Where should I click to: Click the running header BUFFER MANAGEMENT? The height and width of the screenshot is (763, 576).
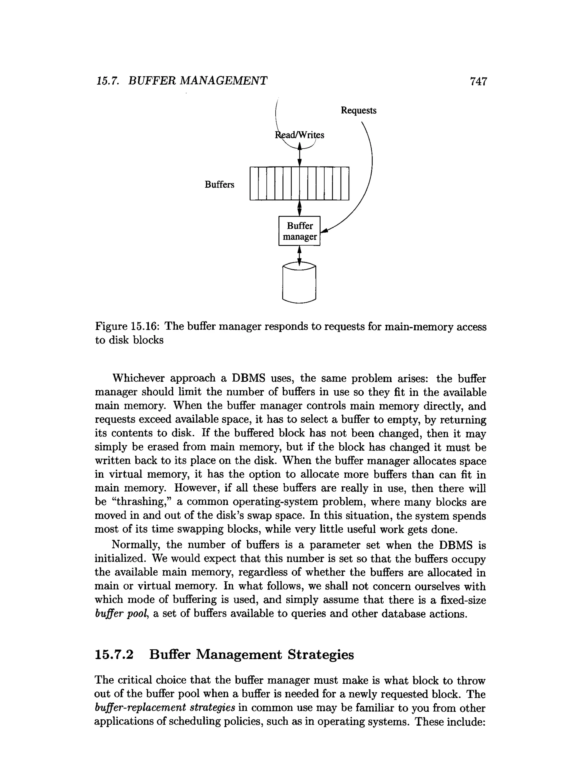click(x=198, y=81)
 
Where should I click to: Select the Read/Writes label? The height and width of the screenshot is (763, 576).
click(x=299, y=135)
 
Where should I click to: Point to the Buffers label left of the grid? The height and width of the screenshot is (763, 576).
click(x=219, y=184)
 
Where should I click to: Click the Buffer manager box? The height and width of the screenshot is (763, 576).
click(x=299, y=231)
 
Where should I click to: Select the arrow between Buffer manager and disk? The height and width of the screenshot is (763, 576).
click(x=299, y=255)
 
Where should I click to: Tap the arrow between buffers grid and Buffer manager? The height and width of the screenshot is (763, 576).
click(x=299, y=208)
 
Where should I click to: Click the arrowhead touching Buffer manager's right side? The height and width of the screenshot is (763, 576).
click(x=324, y=231)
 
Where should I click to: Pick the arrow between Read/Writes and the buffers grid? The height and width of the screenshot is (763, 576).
click(x=299, y=155)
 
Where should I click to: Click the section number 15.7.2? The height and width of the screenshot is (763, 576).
click(x=114, y=654)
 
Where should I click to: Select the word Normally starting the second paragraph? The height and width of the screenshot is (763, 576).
click(x=135, y=545)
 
